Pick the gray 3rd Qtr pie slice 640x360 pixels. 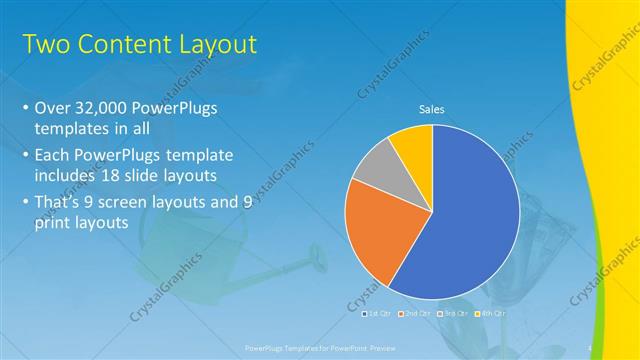(376, 170)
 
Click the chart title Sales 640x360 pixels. (431, 110)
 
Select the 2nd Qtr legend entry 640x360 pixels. (411, 314)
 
